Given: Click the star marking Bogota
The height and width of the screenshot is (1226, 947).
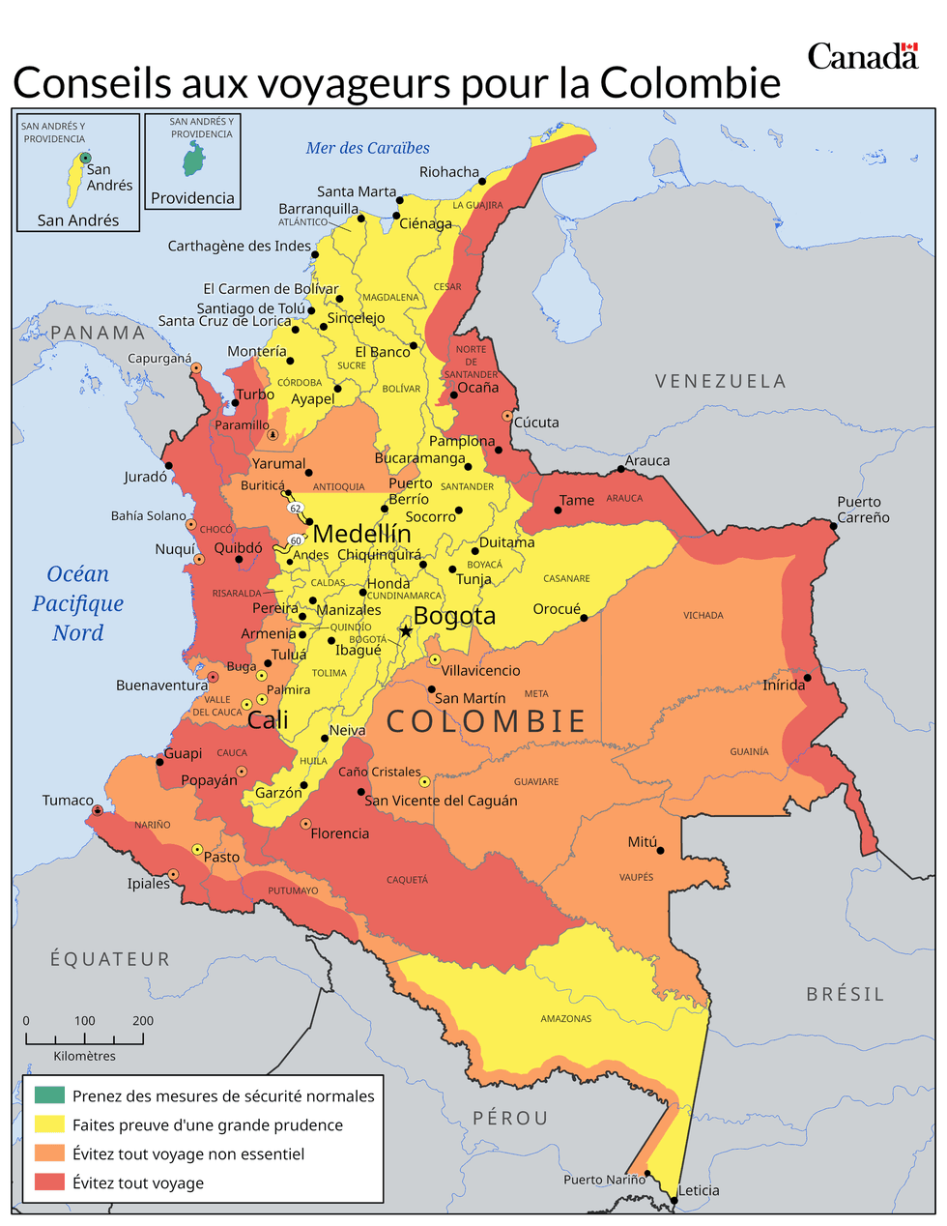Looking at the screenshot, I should tap(406, 631).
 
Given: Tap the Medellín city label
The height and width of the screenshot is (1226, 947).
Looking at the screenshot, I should tap(362, 534).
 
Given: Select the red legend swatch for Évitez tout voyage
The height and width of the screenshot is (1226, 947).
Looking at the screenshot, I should tap(49, 1182).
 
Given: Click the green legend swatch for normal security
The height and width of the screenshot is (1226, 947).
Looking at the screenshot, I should tap(49, 1095).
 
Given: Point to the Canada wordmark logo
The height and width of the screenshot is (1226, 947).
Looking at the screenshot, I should tap(862, 56).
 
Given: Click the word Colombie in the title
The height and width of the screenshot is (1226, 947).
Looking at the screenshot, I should tap(690, 83).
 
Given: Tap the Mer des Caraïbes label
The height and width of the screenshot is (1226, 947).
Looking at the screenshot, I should tap(367, 148).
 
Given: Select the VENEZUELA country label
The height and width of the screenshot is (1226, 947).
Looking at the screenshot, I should tap(720, 381).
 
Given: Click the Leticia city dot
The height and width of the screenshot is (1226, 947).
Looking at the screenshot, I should tap(674, 1201).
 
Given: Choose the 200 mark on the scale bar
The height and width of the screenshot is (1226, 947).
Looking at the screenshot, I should tap(143, 1021).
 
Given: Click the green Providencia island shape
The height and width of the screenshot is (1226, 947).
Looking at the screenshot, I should tap(194, 160).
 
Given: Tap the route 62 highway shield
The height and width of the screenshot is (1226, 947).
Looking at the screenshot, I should tap(296, 508).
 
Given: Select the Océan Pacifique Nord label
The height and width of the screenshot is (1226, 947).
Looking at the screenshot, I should tap(78, 603).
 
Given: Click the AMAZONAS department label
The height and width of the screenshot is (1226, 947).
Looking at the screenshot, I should tap(565, 1018).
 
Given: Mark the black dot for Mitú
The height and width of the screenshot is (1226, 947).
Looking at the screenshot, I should tap(661, 851).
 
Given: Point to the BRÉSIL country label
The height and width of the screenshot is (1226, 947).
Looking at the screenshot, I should tap(845, 994).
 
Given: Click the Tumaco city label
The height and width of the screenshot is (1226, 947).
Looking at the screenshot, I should tap(68, 801).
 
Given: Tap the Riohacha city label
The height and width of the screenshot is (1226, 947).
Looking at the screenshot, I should tap(448, 172).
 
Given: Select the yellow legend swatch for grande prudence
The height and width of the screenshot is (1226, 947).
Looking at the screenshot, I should tap(49, 1124).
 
